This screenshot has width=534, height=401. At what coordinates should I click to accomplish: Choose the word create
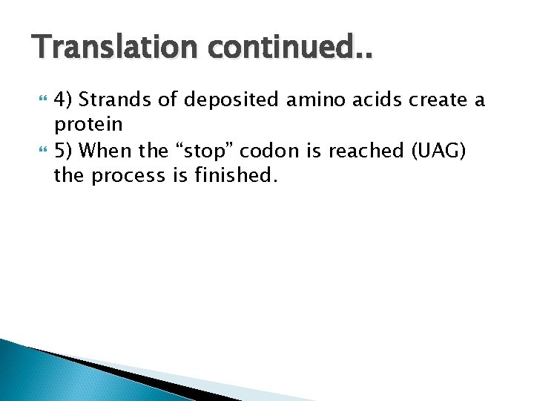pyautogui.click(x=430, y=100)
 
